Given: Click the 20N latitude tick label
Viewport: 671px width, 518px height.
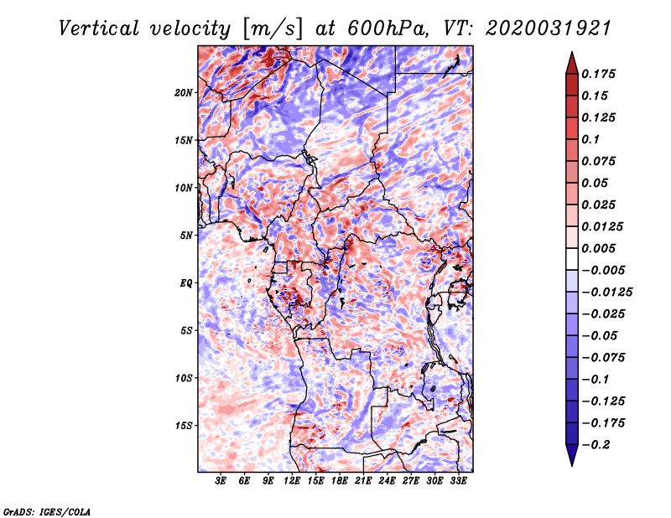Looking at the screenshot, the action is [184, 93].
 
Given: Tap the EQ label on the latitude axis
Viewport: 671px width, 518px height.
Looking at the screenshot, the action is [186, 283].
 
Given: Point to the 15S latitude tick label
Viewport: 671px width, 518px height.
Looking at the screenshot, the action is [184, 426].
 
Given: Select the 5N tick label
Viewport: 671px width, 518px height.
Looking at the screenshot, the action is [186, 236].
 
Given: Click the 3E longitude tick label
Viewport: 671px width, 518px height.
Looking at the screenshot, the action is [221, 481].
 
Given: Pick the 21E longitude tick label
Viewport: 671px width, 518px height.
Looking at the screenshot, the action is [363, 481].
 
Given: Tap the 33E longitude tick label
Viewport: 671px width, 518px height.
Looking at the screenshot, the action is [458, 481].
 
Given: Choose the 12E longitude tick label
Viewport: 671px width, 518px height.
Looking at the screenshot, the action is [292, 481].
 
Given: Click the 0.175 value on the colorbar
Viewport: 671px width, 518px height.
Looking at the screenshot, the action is [599, 74].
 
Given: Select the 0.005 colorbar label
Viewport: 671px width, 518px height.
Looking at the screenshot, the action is [599, 248].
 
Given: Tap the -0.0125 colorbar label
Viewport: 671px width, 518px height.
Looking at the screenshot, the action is [607, 293].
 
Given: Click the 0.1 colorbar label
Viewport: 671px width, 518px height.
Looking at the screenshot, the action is [590, 139].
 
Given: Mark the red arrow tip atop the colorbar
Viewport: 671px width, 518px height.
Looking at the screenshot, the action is [572, 52].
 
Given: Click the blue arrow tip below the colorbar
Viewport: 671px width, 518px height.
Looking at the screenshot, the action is [572, 465].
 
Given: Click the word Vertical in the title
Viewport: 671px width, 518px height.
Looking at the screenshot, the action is [99, 28].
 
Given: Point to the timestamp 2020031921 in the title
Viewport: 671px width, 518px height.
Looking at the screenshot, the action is [549, 28].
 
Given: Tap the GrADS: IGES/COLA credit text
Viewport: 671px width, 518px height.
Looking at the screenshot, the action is [47, 511].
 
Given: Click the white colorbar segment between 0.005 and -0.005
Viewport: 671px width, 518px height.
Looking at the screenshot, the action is [572, 259].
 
